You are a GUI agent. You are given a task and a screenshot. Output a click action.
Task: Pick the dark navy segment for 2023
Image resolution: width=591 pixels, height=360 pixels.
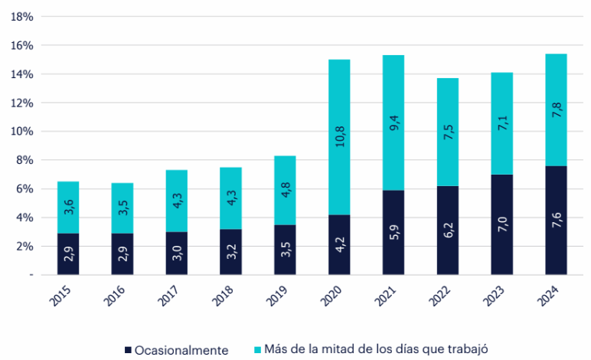(501, 230)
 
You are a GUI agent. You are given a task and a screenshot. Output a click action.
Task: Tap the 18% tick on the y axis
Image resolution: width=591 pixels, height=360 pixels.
(23, 17)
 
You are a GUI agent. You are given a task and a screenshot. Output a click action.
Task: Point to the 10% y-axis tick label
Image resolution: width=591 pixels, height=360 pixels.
(23, 132)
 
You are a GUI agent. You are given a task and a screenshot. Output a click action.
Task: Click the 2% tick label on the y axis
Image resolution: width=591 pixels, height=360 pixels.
(26, 247)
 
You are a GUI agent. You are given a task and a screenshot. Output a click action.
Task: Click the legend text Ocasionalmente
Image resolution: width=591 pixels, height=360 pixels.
(181, 350)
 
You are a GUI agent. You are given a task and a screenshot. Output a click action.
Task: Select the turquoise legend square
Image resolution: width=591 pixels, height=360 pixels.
(258, 350)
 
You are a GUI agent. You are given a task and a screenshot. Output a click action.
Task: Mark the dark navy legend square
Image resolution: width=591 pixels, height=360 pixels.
(127, 350)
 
